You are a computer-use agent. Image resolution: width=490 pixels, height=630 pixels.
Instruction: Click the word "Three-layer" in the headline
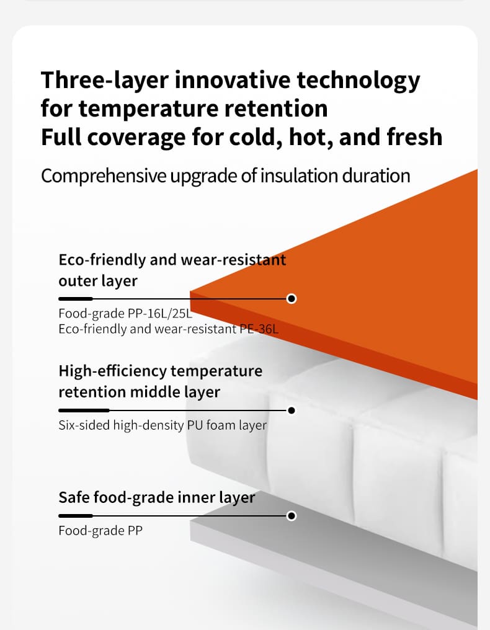[104, 81]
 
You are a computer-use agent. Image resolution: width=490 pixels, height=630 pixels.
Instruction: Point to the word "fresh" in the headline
[414, 136]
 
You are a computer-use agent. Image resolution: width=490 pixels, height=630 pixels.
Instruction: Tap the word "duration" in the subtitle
[376, 176]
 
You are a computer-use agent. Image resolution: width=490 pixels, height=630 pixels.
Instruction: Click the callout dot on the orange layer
[292, 298]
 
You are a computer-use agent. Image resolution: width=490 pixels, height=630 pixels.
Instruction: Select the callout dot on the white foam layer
[292, 410]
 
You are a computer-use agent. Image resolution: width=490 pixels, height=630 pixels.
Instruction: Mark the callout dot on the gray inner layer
[292, 515]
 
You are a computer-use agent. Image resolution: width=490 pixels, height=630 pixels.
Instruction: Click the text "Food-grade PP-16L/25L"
[125, 313]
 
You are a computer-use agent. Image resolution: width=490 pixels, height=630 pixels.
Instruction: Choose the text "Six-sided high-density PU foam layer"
[163, 425]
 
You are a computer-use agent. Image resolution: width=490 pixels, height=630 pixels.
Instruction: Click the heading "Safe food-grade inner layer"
[157, 498]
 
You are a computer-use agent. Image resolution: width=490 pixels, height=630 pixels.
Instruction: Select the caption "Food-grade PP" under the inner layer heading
[100, 531]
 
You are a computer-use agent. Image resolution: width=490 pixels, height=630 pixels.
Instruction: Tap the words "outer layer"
[98, 281]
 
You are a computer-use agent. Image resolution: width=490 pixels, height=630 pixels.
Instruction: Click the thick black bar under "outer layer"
[76, 298]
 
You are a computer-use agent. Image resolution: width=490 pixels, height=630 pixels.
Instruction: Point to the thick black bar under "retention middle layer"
[84, 410]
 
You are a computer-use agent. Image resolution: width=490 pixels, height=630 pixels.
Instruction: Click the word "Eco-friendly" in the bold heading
[102, 260]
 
